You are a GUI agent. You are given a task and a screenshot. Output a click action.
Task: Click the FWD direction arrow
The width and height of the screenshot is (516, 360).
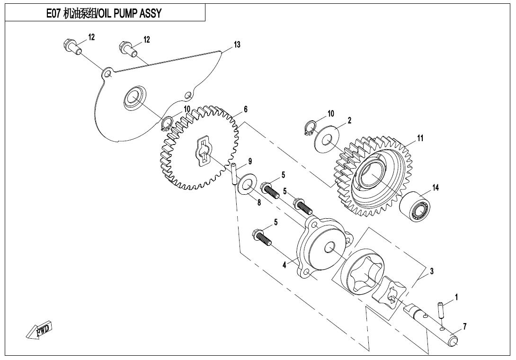point(40,330)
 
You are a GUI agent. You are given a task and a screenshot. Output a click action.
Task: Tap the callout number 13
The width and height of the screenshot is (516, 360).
point(237,45)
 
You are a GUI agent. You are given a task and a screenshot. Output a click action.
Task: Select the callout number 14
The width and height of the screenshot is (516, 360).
point(436,188)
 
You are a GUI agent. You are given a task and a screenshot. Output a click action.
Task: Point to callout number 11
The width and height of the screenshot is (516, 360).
point(420,138)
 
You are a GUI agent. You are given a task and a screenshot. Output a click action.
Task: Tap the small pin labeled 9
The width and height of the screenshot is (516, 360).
point(233,174)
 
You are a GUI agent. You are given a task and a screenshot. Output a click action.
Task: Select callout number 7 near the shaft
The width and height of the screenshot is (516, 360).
point(465,326)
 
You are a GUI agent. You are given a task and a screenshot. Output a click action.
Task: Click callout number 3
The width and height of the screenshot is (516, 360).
point(432,271)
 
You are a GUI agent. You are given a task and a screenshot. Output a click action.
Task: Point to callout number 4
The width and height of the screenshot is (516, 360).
point(285,265)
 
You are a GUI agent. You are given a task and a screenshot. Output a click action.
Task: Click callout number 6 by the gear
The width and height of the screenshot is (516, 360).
point(246,109)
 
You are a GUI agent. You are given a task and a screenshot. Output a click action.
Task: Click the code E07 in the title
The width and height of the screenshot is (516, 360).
point(53,13)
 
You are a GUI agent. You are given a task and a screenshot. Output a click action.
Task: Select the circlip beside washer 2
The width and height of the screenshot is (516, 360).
point(309,128)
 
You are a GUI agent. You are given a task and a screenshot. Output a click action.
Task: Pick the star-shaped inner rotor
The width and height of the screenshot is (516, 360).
point(389,293)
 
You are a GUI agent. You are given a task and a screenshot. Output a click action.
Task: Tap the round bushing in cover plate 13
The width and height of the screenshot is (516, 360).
point(133,99)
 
